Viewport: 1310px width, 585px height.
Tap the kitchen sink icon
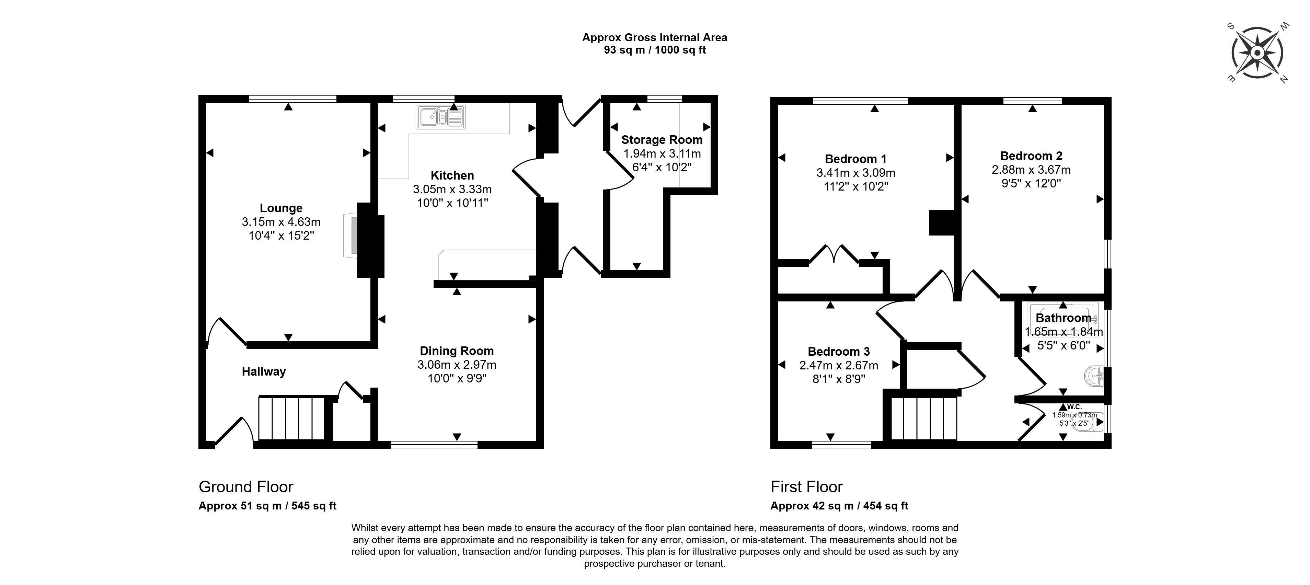point(441,117)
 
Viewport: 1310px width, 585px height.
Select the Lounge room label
point(281,208)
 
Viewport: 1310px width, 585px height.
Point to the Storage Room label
point(662,140)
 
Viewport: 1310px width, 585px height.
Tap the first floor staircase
point(924,418)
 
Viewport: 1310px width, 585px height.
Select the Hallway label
point(263,372)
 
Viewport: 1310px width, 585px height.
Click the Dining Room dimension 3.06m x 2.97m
point(456,365)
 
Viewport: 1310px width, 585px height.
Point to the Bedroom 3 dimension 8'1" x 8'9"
point(839,379)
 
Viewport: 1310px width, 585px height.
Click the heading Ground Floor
point(246,487)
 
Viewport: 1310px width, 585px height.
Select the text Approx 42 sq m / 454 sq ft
point(839,506)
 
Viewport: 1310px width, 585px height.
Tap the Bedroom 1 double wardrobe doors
point(834,254)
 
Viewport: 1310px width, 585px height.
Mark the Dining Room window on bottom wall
point(434,445)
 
